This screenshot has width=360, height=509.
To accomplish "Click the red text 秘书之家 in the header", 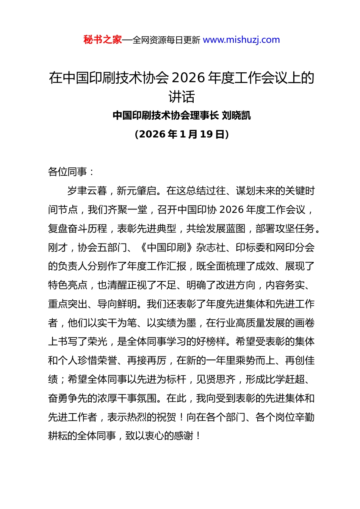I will coord(103,40).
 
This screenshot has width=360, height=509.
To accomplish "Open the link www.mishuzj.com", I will coord(241,40).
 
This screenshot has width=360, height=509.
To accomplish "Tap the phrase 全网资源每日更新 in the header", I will coord(166,40).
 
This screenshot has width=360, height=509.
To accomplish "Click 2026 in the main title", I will coord(188,78).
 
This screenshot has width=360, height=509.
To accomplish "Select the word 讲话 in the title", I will coord(182,97).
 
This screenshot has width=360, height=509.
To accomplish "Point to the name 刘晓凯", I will coord(236,115).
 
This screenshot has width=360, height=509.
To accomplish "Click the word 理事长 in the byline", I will coord(205,115).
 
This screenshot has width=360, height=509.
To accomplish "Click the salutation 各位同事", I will coord(68,172).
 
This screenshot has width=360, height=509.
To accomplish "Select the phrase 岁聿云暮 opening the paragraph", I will coord(87,190).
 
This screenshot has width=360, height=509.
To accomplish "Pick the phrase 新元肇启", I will coord(137,190).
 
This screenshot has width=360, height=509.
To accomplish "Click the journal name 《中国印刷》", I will coord(167,247).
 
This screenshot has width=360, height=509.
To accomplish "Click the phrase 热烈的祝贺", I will coord(152,417).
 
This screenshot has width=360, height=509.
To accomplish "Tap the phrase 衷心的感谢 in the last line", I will coord(174,436).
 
